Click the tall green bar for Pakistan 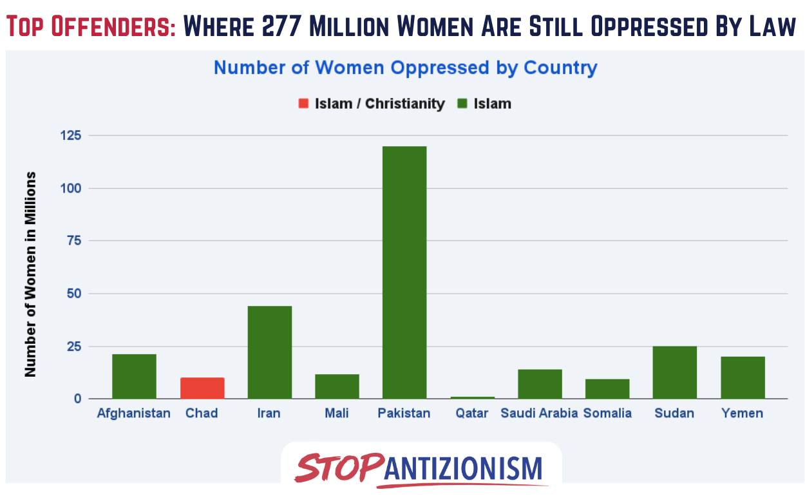(x=404, y=272)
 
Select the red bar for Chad (x=202, y=388)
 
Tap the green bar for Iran (x=270, y=352)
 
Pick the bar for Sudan (x=674, y=372)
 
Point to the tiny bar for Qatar (x=472, y=398)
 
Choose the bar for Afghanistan (x=135, y=377)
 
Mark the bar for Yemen (x=743, y=377)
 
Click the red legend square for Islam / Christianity (x=304, y=104)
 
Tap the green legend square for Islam (x=462, y=104)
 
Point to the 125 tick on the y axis (x=71, y=135)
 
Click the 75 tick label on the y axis (x=75, y=240)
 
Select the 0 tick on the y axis (x=78, y=399)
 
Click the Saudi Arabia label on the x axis (x=539, y=413)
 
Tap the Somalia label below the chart (x=607, y=413)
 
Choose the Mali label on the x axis (x=337, y=413)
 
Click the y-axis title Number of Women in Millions (x=30, y=274)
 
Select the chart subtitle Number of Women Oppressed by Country (x=405, y=68)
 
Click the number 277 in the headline (x=281, y=26)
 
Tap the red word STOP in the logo (x=339, y=467)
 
